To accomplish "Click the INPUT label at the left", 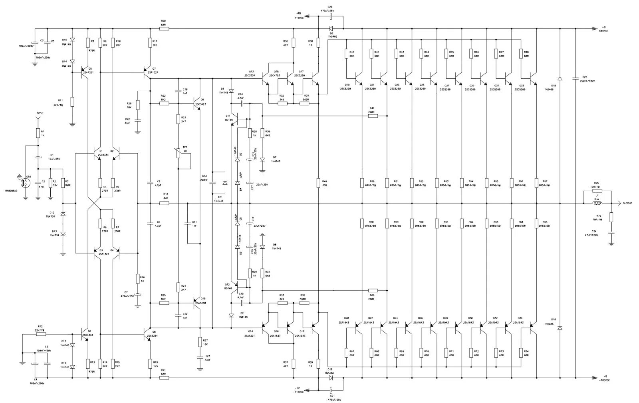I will tap(40, 113).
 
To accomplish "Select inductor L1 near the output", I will tap(597, 203).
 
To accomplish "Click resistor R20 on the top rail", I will tap(164, 29).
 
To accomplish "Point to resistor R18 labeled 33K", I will tap(164, 203).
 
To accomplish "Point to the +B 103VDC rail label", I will tap(603, 29).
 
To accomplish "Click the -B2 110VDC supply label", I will tap(297, 390).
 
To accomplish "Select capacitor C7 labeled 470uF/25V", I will tap(137, 295).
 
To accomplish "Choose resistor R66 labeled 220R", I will tap(372, 291).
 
